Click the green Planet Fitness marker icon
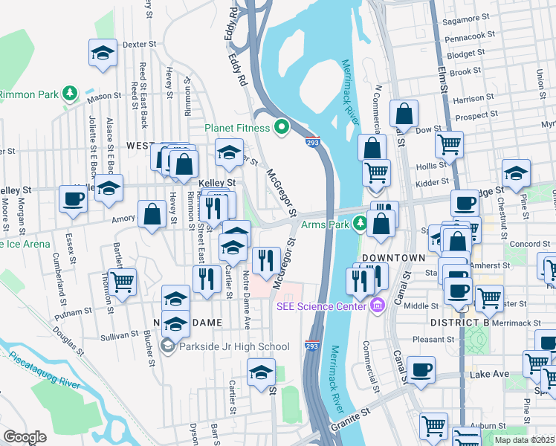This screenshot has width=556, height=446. pos(281,127)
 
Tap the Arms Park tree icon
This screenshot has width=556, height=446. pos(360,222)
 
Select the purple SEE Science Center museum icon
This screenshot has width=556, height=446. pos(377,305)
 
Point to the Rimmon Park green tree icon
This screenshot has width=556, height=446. pos(69,94)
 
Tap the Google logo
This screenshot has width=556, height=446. pos(25,436)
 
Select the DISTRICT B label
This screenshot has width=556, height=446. pos(459,322)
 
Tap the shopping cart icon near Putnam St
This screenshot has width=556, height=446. pos(122,282)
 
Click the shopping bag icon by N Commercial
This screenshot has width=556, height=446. pos(404,114)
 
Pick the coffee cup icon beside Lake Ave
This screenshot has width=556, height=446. pos(421,369)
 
